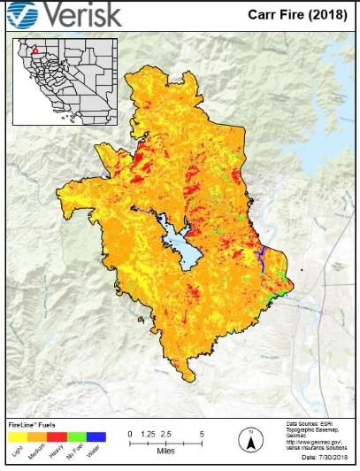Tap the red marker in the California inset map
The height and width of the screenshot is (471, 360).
click(34, 51)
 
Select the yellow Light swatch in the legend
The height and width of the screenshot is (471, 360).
click(18, 436)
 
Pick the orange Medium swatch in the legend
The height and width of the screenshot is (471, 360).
click(37, 436)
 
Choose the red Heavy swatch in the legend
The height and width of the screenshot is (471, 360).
click(57, 436)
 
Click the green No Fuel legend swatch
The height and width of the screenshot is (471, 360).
click(76, 436)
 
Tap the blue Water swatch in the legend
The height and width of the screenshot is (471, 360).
click(96, 436)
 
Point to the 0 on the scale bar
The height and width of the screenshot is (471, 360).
click(130, 435)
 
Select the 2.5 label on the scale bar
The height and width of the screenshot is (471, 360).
click(166, 435)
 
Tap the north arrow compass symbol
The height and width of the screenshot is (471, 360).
click(251, 438)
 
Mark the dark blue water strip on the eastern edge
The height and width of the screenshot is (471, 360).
click(264, 259)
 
